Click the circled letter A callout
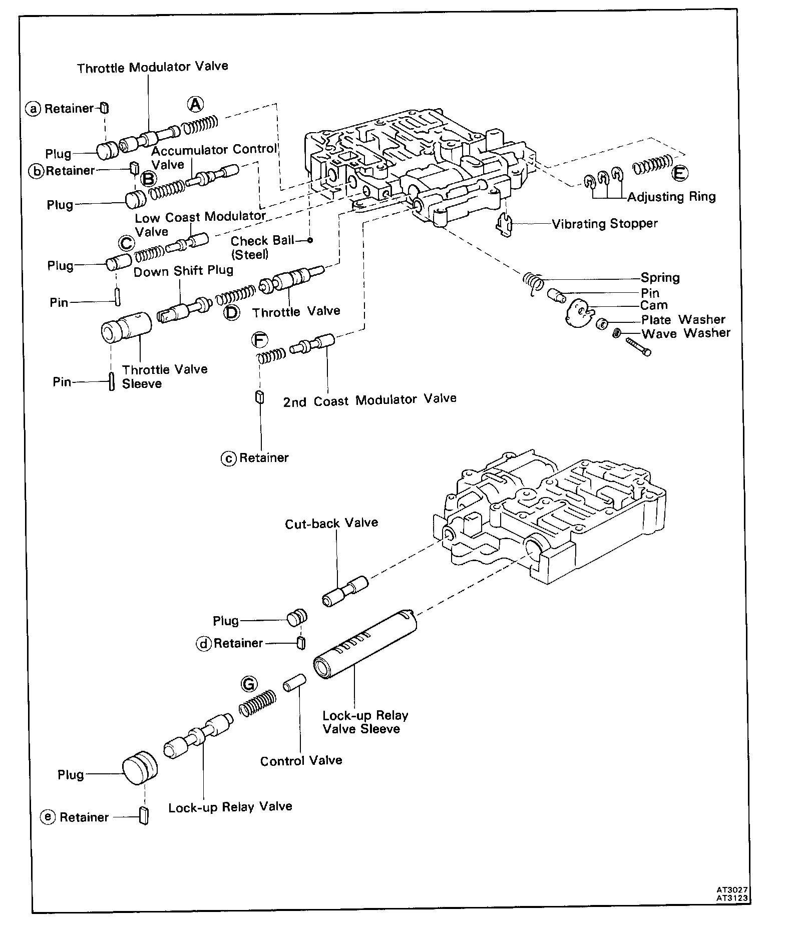195,104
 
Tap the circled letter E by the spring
680,173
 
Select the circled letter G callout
248,683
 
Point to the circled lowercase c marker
228,458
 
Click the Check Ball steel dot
310,240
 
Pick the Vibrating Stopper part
505,225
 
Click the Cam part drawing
578,313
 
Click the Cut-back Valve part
345,591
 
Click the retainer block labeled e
144,816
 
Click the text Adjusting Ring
671,197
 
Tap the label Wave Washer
686,333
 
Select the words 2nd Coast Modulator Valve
369,400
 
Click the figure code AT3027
731,890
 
